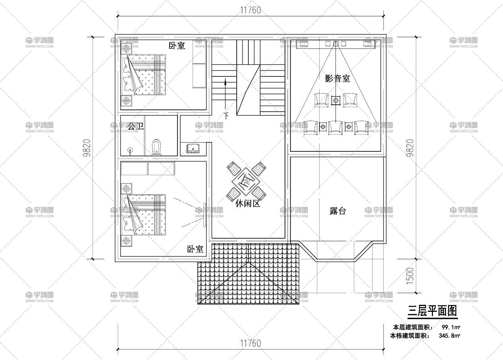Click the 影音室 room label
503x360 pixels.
337,78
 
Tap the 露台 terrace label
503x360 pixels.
337,211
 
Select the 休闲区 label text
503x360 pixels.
248,203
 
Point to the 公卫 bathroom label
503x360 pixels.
135,126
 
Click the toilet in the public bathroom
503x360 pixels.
156,147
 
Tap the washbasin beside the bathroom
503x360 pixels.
193,149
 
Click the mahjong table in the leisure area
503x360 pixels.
246,181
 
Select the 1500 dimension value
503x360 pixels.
410,276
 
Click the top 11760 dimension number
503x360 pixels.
251,10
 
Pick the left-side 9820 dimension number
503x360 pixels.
87,148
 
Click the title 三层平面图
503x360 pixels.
432,311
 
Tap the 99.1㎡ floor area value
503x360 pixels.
451,327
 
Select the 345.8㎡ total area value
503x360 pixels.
449,336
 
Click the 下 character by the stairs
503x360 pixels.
226,116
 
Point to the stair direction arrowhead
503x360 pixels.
225,82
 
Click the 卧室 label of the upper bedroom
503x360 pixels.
177,46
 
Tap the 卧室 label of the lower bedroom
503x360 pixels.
195,249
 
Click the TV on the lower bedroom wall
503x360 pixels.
205,215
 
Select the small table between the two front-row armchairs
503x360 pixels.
335,100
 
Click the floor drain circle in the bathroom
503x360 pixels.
130,149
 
